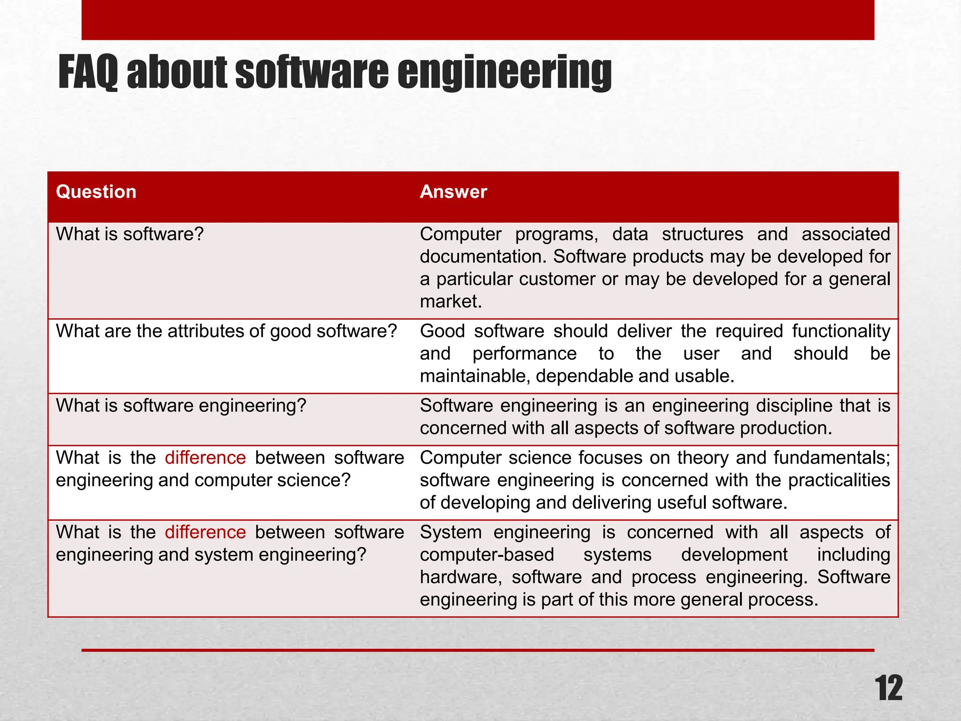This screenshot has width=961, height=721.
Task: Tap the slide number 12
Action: (x=888, y=689)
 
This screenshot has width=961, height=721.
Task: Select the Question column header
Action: (x=96, y=192)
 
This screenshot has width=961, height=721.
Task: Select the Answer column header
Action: (x=453, y=192)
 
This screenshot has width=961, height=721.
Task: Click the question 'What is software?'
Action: (x=130, y=234)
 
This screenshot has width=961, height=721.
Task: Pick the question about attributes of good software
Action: (x=227, y=331)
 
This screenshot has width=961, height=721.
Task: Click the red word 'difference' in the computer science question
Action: (x=206, y=458)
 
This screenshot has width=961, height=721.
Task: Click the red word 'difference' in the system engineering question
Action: (x=206, y=533)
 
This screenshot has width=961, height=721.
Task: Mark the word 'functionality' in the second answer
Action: (x=841, y=331)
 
